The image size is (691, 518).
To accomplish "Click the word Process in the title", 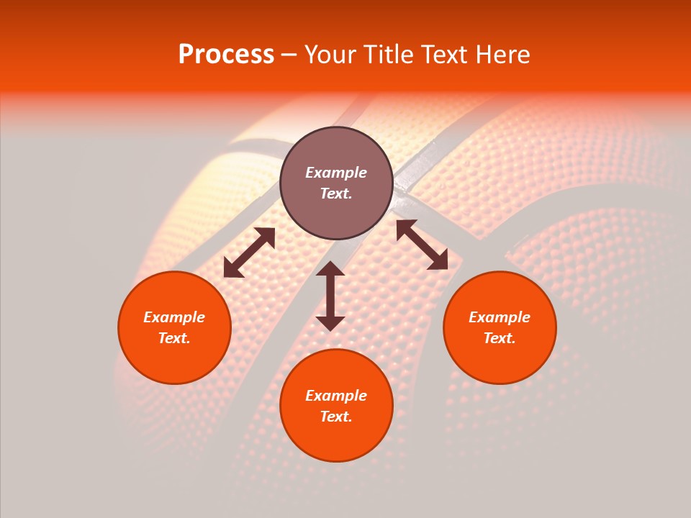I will (x=226, y=55).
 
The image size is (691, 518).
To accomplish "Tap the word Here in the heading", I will (x=501, y=55).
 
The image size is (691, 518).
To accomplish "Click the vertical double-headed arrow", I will (x=330, y=296).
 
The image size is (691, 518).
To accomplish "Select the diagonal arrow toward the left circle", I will (x=249, y=253).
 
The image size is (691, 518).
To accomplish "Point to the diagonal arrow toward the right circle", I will (x=422, y=245).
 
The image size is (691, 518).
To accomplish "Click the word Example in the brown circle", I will (x=336, y=173).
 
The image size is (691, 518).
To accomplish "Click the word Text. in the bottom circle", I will (x=336, y=417).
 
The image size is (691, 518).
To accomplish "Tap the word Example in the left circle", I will (x=174, y=317).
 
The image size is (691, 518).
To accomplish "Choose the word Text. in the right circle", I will (x=500, y=338).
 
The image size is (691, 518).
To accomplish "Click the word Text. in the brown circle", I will (x=336, y=194).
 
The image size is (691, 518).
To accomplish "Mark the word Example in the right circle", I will (x=500, y=317).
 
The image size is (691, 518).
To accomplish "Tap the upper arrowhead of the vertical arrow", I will (x=330, y=269).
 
